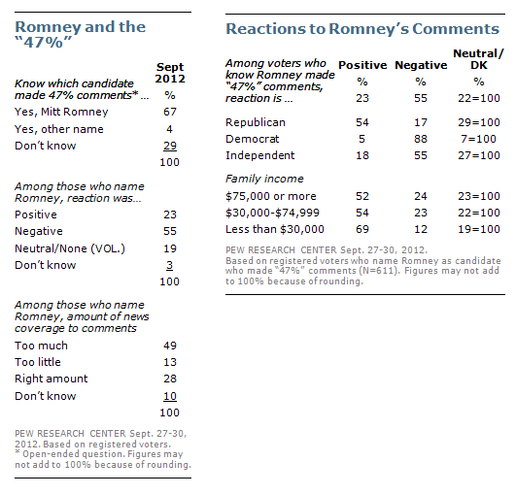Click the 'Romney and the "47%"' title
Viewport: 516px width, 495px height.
(80, 34)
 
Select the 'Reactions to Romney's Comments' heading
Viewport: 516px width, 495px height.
(362, 29)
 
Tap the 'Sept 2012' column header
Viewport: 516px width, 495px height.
(170, 73)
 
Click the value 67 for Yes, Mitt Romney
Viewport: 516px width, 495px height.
(170, 112)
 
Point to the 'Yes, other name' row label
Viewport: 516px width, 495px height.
(59, 129)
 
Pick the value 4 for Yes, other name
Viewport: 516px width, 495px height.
(169, 129)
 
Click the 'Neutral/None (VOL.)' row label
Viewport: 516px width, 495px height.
(70, 248)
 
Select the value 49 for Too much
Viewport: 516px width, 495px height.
(170, 346)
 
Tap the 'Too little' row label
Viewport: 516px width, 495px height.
(38, 362)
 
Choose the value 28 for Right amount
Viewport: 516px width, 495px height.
(170, 379)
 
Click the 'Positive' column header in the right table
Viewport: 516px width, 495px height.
(362, 65)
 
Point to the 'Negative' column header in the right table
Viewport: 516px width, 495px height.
(421, 65)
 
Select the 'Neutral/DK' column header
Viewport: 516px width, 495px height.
(478, 59)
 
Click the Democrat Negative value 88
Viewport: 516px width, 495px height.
(421, 139)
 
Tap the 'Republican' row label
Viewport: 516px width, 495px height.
(256, 122)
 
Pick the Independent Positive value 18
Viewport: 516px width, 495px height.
(362, 155)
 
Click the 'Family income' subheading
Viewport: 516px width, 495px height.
(264, 179)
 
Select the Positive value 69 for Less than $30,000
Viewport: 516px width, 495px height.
(362, 229)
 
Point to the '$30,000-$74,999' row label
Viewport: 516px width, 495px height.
(272, 213)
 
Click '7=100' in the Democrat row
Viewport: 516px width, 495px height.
(478, 139)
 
